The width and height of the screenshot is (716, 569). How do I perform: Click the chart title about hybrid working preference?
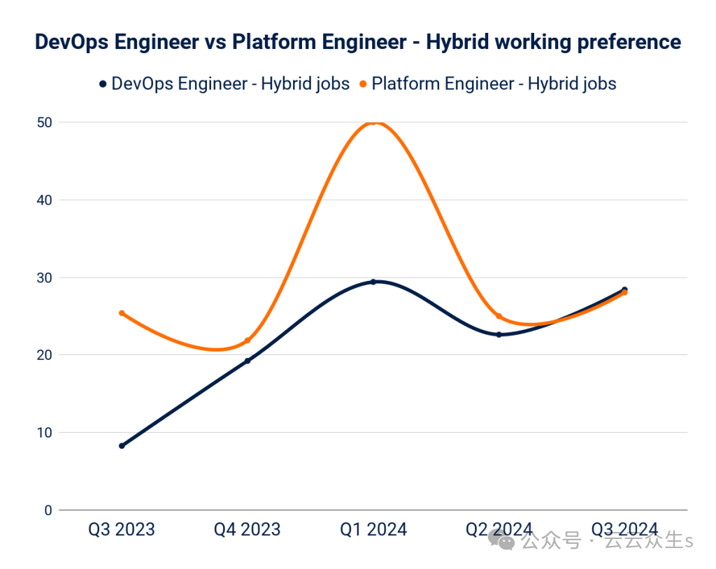pos(358,42)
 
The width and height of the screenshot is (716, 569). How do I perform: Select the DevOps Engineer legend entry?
pos(224,84)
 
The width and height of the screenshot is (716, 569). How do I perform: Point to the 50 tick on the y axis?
pos(44,122)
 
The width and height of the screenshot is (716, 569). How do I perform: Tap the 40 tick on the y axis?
pos(44,200)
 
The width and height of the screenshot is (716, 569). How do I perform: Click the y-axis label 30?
pos(44,278)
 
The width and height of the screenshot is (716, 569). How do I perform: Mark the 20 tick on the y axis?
pos(44,355)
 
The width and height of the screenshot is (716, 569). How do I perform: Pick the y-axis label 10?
pos(44,433)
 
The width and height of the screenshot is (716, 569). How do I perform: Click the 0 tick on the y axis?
pos(48,510)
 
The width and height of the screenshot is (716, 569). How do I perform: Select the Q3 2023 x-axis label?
pos(122,530)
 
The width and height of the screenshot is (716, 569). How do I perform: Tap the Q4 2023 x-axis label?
pos(248,530)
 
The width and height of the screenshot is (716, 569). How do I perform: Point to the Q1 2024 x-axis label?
pos(373,530)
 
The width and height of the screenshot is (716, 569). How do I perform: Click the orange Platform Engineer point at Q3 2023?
pos(122,313)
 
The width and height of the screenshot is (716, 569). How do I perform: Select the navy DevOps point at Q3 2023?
pos(122,445)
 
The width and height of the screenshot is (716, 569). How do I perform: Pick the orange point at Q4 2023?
pos(248,340)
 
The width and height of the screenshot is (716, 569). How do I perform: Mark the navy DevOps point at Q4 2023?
pos(248,361)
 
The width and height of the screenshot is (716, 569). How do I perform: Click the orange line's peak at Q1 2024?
pos(373,122)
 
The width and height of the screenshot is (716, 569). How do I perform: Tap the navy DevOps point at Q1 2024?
pos(373,282)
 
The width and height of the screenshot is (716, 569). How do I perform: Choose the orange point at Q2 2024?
pos(499,317)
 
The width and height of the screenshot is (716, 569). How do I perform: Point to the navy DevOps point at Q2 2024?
pos(499,334)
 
